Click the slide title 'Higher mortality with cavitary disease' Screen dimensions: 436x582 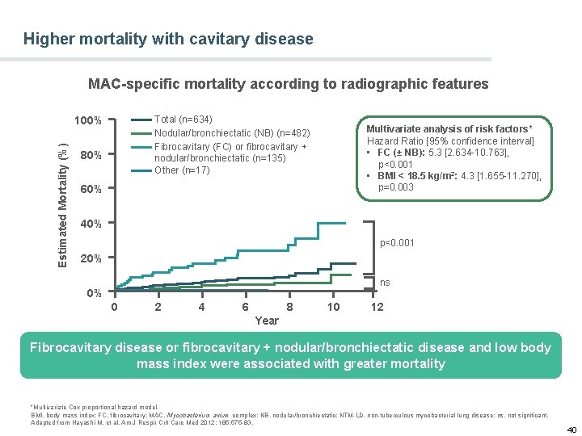(x=168, y=39)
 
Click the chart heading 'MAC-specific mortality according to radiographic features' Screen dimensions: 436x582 (x=288, y=84)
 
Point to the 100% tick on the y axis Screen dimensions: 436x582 (x=87, y=121)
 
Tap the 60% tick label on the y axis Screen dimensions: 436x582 (x=91, y=190)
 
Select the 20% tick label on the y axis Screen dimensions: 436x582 (x=91, y=259)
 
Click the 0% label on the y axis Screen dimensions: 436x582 (x=94, y=294)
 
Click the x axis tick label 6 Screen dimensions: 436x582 (x=245, y=307)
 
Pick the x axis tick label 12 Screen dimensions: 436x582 (x=377, y=307)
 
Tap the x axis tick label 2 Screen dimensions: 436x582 (x=158, y=307)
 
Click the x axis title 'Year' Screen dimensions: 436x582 (x=267, y=321)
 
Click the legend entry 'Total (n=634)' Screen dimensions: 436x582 (x=183, y=119)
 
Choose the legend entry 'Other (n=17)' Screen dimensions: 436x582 (x=182, y=170)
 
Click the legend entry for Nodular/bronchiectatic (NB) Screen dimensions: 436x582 (x=232, y=133)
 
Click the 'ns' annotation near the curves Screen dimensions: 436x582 (x=386, y=283)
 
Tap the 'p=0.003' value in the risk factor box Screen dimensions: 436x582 (x=396, y=187)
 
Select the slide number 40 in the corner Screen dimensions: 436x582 (x=571, y=429)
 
